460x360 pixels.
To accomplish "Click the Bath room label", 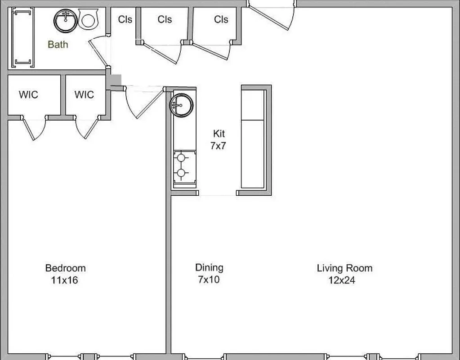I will (x=58, y=44).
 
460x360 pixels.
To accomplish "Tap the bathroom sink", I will (x=66, y=20).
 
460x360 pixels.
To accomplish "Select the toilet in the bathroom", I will (x=88, y=20).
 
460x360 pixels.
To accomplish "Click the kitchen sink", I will (x=181, y=105).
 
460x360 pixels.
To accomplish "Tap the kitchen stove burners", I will (x=182, y=165).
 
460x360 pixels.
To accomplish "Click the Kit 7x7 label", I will (x=218, y=139).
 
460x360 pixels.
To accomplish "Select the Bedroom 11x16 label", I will (x=65, y=274).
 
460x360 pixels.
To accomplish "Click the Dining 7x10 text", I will (x=209, y=273).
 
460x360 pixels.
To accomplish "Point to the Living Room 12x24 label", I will (x=344, y=274).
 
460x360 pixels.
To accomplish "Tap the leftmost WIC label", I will (x=28, y=94).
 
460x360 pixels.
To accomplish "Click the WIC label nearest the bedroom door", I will (x=84, y=94).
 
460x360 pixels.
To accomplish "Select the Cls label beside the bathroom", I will (x=125, y=19).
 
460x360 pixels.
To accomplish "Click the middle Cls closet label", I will (x=165, y=19).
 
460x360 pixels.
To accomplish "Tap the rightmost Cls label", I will (x=221, y=19).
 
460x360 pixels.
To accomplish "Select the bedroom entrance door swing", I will (x=143, y=102).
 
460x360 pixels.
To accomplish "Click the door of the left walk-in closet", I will (x=34, y=129).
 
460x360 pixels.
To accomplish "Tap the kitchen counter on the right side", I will (x=253, y=138).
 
